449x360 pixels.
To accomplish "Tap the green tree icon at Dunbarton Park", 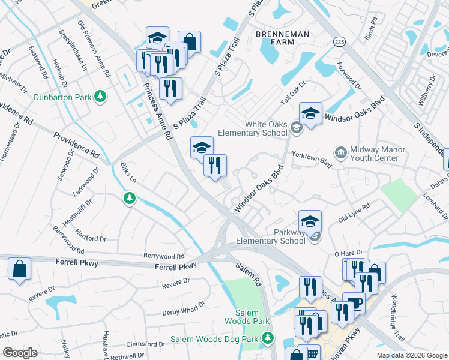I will point(101,96).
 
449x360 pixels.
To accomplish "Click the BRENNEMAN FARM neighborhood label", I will point(284,38).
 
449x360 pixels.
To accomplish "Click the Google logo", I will point(20,352).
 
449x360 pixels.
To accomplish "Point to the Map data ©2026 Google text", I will point(411,355).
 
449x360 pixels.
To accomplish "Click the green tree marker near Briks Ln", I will point(128,198).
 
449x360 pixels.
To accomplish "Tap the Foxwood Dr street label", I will point(350,76).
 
